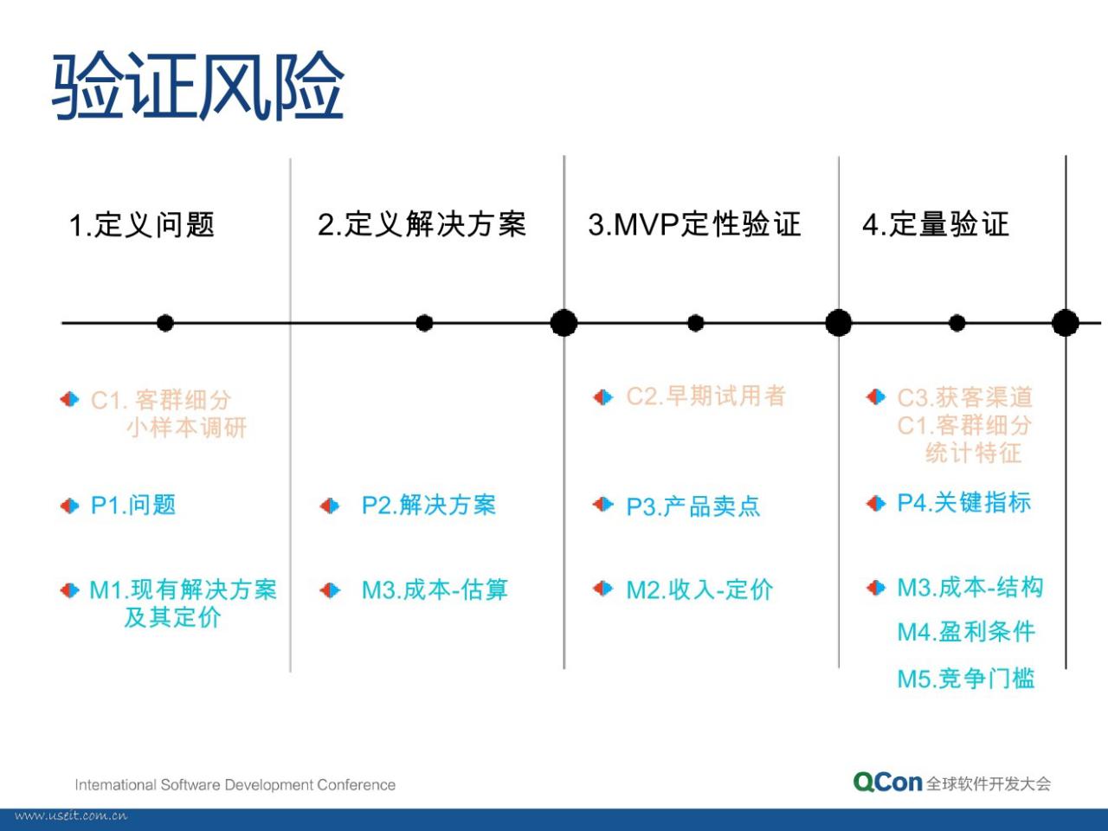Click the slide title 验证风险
(198, 86)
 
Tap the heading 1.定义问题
(142, 224)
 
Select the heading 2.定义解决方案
(422, 224)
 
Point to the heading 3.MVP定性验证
(694, 224)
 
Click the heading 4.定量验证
(936, 224)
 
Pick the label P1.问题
(133, 505)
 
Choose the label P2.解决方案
(429, 505)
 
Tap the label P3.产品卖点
(693, 506)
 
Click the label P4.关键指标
(964, 503)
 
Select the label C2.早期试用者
(706, 396)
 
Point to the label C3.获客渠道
(965, 397)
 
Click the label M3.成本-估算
(435, 589)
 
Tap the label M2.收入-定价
(699, 589)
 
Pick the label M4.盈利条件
(966, 632)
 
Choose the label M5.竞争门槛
(966, 678)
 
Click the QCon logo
(888, 783)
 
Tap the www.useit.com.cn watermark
(71, 816)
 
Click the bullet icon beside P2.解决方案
(330, 506)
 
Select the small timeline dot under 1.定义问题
(165, 323)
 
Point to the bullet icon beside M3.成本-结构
(876, 588)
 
